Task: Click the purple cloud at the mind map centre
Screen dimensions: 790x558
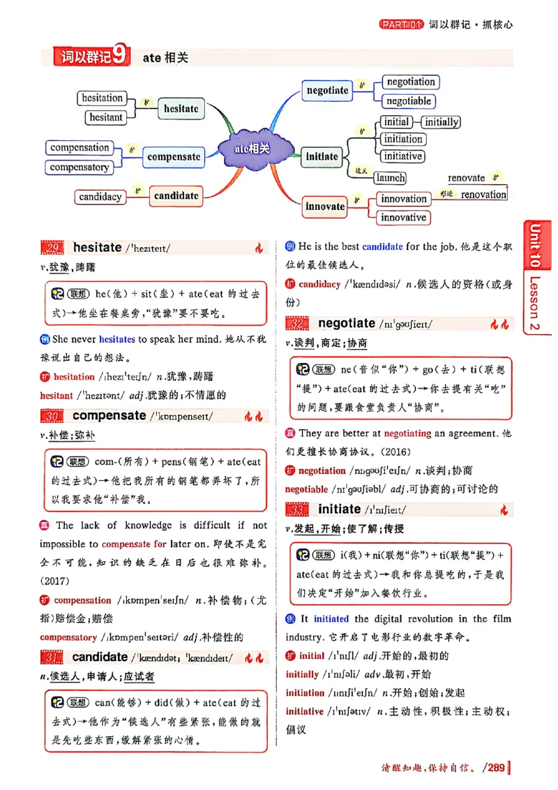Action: [252, 148]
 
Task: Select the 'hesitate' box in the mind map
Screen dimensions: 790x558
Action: [181, 109]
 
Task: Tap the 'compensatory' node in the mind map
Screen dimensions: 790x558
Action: [80, 167]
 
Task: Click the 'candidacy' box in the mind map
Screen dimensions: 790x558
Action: [100, 197]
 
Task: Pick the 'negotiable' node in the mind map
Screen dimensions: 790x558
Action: [409, 101]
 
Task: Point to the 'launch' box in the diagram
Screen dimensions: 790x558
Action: [390, 178]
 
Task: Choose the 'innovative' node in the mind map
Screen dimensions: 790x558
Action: [403, 218]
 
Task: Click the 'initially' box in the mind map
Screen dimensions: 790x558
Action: [442, 122]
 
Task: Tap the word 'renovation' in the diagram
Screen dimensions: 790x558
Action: [483, 195]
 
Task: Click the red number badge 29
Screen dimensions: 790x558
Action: [52, 248]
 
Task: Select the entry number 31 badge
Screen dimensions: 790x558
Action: [52, 658]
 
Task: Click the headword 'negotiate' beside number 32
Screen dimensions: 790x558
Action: [346, 323]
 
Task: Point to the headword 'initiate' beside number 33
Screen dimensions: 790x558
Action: [339, 509]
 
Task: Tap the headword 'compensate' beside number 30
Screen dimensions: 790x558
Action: [109, 416]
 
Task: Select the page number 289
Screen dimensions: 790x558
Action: [496, 768]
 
